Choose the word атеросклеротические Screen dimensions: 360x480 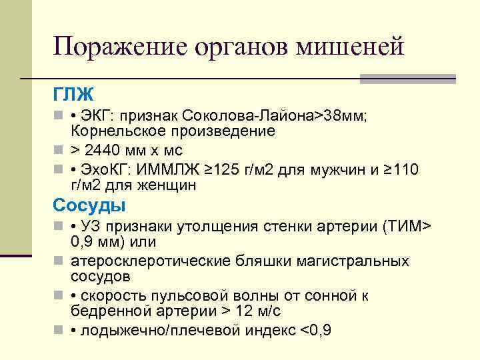[x=144, y=261]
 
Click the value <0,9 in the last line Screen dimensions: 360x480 [x=317, y=331]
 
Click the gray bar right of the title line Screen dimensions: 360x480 [x=407, y=79]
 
